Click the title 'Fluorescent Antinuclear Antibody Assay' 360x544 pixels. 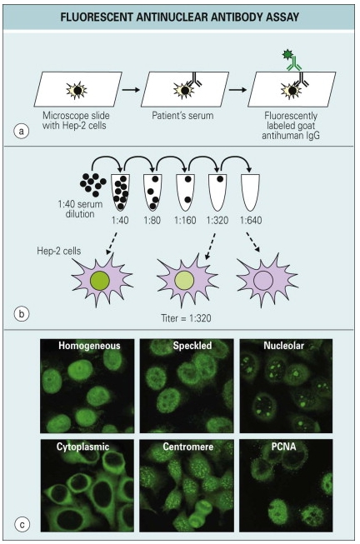click(x=178, y=16)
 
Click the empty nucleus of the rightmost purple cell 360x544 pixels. click(x=262, y=279)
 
